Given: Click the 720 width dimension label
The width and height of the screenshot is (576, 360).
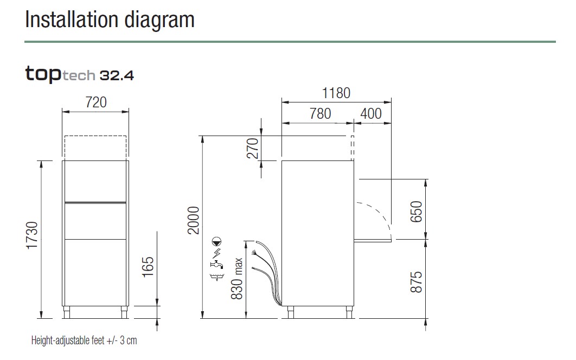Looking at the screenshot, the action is pos(96,102).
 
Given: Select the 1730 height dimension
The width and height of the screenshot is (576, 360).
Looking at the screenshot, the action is pos(33,235).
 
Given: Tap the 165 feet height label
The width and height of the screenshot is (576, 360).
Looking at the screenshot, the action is pos(148,267).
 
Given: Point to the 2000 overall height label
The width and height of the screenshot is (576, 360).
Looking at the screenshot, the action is pos(193,220).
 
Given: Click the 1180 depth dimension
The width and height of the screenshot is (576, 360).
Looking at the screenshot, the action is pos(336,93).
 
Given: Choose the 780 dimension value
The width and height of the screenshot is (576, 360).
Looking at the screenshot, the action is pos(320,113).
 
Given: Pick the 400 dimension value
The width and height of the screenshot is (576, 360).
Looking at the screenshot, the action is pos(370,113).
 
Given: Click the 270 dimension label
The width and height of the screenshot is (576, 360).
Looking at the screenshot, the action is pos(253,148).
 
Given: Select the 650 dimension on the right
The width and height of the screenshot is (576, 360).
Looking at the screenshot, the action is pos(416,211).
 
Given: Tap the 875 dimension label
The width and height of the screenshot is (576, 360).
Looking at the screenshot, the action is pos(416,282).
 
